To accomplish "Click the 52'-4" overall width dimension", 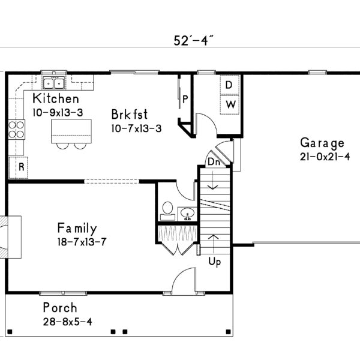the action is [194, 41].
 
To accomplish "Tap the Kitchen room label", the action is [56, 98].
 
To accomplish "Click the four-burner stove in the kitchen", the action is [17, 130].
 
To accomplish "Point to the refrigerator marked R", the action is [19, 167].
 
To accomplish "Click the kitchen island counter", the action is [71, 131].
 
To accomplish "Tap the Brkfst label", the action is [130, 114].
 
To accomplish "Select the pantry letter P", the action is [185, 100].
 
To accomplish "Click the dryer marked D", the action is [230, 85].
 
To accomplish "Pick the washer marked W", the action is [230, 104].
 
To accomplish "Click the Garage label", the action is [322, 143].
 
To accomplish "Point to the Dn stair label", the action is [214, 162].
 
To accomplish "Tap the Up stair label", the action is [215, 262].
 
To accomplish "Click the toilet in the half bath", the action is [167, 211].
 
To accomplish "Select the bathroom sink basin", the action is [187, 214].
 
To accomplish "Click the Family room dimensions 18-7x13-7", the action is [82, 242].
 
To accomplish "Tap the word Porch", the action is [60, 308].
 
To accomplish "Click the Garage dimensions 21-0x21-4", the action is [325, 157].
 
